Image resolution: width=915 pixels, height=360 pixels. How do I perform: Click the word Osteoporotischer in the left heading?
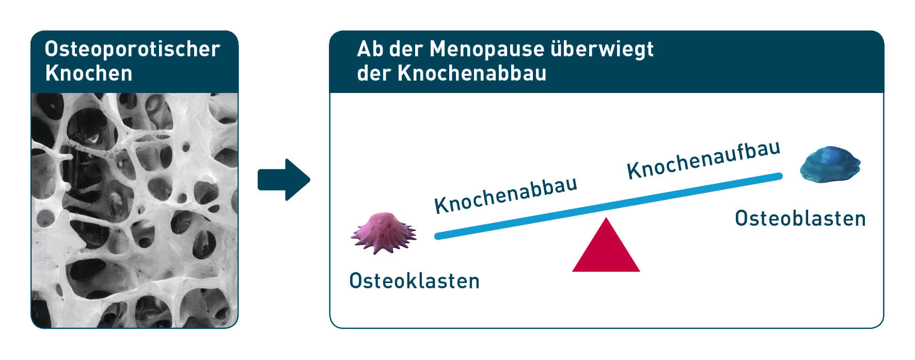click(133, 49)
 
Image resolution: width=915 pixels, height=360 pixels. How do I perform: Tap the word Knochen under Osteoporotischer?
click(89, 73)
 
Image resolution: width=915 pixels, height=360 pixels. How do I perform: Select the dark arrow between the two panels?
click(284, 180)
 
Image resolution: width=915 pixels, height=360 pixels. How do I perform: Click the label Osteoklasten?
click(415, 281)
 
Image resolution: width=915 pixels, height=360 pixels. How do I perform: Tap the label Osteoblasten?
click(800, 218)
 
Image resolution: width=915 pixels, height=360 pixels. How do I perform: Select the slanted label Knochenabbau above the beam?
click(506, 195)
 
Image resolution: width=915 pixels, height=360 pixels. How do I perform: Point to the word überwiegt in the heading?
click(602, 49)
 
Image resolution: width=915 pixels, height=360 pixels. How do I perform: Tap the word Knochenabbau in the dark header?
click(472, 73)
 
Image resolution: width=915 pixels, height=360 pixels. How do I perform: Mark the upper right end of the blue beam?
click(779, 176)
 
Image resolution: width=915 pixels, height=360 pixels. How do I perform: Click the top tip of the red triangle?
click(606, 218)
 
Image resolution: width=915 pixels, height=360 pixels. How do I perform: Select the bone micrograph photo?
click(135, 210)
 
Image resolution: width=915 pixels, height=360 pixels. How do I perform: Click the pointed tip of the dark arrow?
click(310, 180)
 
